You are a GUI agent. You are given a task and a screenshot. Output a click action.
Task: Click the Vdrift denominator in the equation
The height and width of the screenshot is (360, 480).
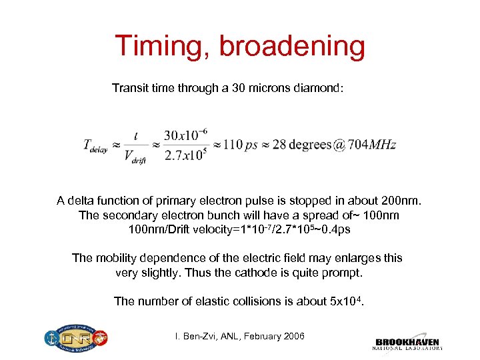(135, 157)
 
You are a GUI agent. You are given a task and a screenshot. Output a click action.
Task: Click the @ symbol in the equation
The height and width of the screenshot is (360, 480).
(339, 145)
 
